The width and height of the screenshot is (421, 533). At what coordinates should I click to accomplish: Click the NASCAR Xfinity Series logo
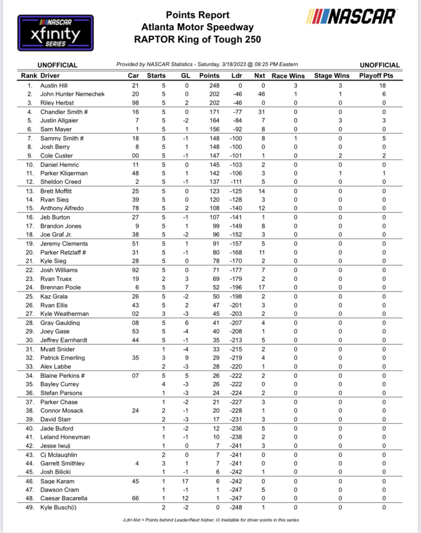point(56,33)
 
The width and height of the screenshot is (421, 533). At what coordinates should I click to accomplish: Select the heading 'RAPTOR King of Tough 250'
point(197,40)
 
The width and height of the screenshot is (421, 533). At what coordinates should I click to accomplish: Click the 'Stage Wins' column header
point(331,75)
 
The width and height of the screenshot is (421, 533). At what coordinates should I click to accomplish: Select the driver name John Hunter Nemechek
point(73,94)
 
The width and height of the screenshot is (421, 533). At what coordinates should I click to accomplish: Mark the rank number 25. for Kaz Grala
point(30,296)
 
